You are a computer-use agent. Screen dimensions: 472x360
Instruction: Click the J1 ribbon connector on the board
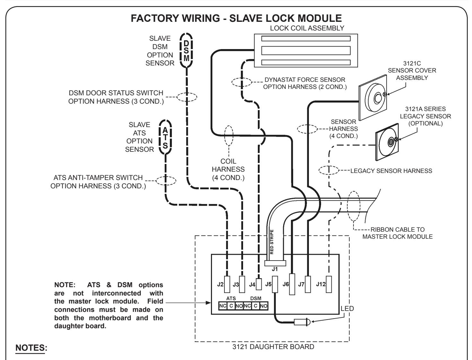click(275, 263)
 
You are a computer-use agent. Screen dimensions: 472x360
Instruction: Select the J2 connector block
click(227, 284)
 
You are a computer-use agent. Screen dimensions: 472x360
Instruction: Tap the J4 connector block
click(259, 284)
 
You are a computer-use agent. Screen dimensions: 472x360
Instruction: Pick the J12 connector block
click(328, 284)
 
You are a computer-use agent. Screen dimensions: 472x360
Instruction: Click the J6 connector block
click(292, 284)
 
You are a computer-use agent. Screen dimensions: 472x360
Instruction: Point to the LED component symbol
click(302, 322)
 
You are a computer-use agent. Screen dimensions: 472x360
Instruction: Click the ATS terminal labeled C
click(231, 306)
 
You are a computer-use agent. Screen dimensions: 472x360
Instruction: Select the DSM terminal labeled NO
click(264, 306)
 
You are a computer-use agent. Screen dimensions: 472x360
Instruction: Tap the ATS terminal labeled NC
click(223, 306)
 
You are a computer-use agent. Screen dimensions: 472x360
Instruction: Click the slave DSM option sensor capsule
click(186, 50)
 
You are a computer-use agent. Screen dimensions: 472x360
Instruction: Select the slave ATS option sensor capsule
click(165, 137)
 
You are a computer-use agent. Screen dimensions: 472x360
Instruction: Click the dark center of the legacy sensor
click(391, 142)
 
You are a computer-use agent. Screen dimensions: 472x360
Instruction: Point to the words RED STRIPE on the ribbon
click(272, 242)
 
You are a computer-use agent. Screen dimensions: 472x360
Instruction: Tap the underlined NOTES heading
click(31, 348)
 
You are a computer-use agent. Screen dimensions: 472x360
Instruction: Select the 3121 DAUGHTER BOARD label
click(273, 347)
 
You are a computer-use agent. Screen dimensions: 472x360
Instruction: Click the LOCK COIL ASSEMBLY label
click(307, 28)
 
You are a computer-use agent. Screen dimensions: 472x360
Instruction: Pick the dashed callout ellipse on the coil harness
click(229, 136)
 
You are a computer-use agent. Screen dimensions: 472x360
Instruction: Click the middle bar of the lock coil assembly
click(306, 51)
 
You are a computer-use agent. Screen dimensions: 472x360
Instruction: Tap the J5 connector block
click(275, 284)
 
